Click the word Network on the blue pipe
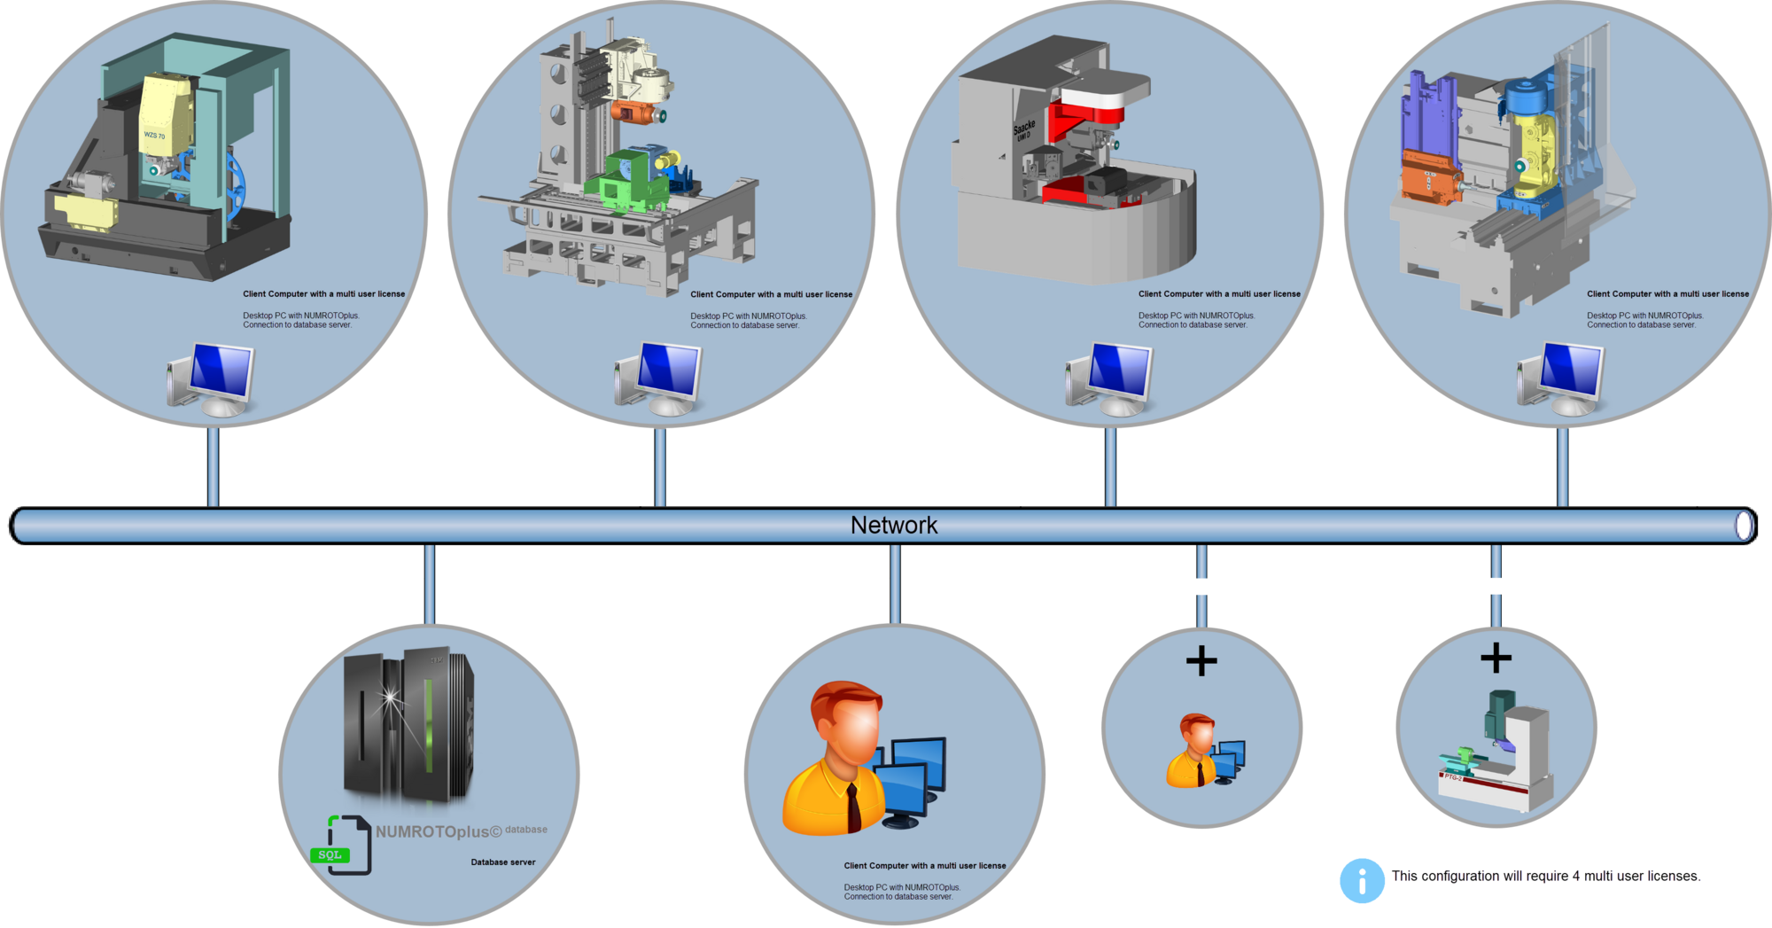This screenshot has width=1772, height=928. [893, 526]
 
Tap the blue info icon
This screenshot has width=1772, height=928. [1362, 880]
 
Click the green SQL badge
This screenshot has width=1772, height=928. [330, 855]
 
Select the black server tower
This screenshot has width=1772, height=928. [408, 723]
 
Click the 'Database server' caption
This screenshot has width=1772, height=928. [503, 862]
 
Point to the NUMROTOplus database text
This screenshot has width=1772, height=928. [461, 831]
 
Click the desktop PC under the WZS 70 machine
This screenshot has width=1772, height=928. [211, 379]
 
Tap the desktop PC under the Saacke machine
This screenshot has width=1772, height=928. [1109, 379]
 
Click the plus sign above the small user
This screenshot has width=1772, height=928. [1201, 660]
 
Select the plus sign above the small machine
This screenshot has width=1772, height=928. [1496, 658]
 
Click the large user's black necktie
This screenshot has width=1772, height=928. [853, 807]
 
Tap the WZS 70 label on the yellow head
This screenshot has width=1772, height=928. [155, 136]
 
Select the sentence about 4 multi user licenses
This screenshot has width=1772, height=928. [1546, 876]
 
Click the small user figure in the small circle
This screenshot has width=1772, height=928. [1205, 751]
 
